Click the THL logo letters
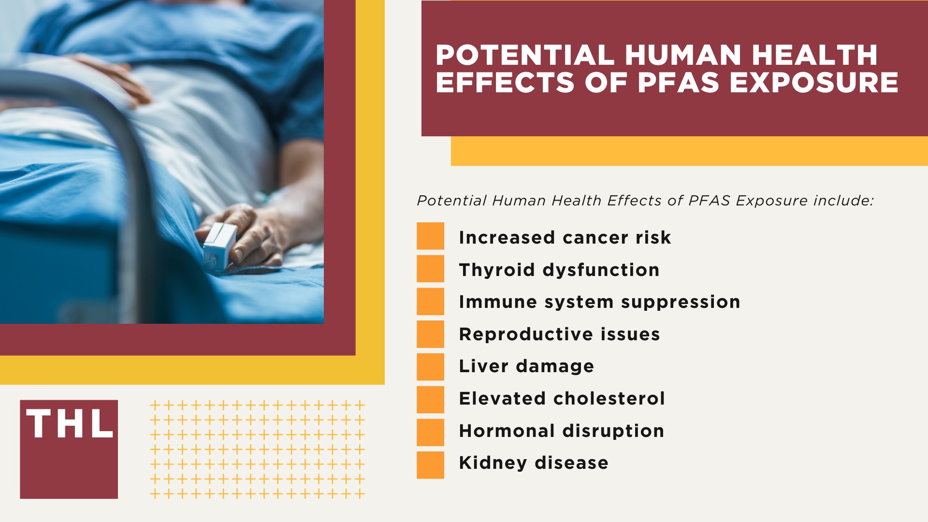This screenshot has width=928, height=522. pos(70,424)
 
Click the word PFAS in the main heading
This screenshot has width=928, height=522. pos(679,82)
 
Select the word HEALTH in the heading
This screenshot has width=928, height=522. pos(814,55)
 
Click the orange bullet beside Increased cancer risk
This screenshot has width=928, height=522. pos(430,236)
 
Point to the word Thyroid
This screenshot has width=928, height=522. pos(496,270)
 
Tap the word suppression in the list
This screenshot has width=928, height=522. pos(680,302)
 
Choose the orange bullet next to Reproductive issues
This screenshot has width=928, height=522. pos(430,334)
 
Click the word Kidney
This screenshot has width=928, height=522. pos(493,463)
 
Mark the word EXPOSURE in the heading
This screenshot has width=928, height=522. pos(814,82)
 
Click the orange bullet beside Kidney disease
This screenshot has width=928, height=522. pos(430,465)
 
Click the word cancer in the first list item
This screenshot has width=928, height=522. pos(595,237)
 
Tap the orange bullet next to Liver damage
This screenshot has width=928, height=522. pos(430,367)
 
